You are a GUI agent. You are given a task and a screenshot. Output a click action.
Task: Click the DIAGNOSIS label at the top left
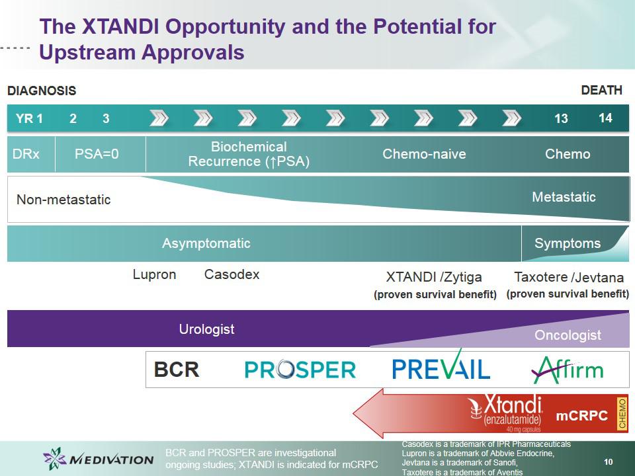[42, 91]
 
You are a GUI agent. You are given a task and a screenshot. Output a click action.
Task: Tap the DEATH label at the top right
[601, 90]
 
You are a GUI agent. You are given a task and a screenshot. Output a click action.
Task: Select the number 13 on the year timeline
[561, 118]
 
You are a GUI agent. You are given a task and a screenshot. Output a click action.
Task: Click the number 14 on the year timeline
[605, 118]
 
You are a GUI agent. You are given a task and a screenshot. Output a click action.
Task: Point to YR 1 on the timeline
[29, 118]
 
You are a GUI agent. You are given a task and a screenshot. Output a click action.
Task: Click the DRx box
[31, 154]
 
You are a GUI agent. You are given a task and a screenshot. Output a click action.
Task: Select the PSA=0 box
[101, 154]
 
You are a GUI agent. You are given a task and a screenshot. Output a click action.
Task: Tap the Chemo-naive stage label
[424, 154]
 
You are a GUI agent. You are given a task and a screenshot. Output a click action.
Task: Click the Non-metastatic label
[63, 200]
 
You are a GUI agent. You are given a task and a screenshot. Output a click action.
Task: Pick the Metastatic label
[564, 197]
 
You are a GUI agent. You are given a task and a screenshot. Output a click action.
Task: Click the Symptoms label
[568, 243]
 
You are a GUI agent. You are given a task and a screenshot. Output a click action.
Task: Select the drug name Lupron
[154, 274]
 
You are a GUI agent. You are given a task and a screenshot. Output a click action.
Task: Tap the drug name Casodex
[232, 274]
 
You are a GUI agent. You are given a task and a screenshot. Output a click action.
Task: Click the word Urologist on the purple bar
[206, 329]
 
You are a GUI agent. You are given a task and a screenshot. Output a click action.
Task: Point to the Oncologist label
[568, 335]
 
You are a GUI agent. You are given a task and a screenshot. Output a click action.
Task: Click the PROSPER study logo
[300, 370]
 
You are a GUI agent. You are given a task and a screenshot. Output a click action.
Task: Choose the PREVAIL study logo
[441, 365]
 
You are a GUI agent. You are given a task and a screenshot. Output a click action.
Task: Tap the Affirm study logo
[568, 369]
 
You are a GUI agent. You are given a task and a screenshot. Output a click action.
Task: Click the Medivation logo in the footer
[98, 459]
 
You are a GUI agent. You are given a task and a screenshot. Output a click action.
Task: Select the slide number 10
[609, 462]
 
